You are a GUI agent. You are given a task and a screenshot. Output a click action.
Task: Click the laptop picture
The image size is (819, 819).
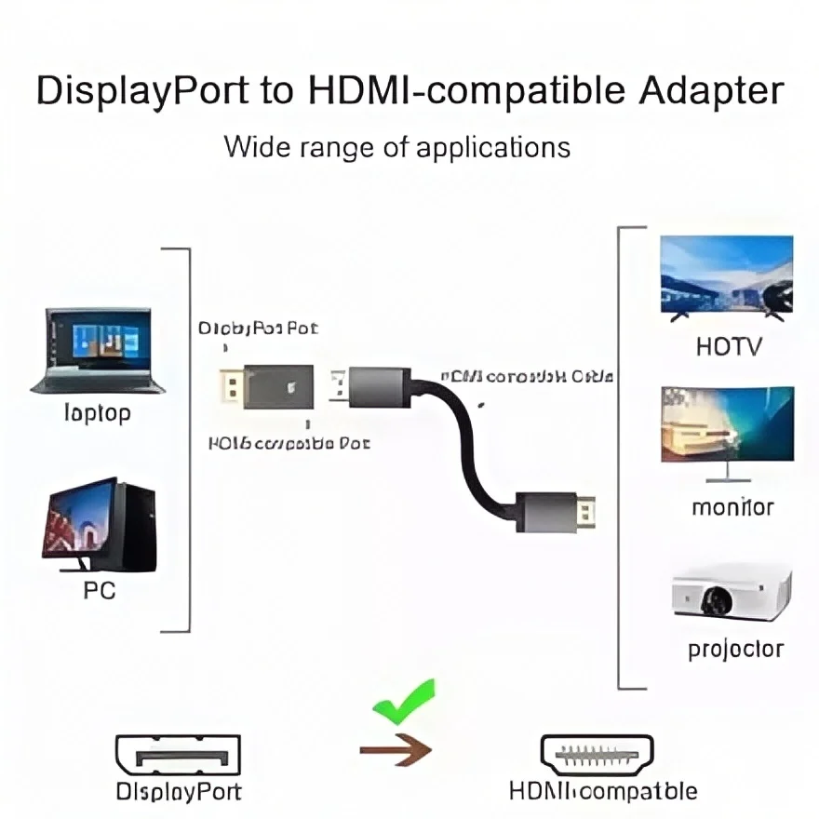[98, 350]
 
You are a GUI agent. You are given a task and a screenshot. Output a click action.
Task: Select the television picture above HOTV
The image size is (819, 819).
[726, 277]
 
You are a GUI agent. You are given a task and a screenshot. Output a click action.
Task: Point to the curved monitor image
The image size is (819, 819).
[728, 431]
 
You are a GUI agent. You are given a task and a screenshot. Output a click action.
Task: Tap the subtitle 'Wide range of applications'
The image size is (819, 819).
[396, 147]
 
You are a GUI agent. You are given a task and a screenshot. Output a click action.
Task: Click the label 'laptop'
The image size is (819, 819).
[97, 412]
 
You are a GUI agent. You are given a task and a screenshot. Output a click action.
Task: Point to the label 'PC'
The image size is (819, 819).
[99, 590]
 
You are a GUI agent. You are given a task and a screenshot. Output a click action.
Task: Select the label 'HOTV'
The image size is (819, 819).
[729, 347]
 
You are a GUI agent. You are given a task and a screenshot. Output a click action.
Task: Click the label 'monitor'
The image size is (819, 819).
[732, 507]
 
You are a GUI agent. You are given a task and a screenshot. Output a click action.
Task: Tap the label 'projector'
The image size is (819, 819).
[735, 649]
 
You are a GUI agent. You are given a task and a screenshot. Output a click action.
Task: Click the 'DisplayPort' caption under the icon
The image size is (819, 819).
[179, 791]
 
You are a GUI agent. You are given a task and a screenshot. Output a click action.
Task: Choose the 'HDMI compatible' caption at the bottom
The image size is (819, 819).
[602, 791]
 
